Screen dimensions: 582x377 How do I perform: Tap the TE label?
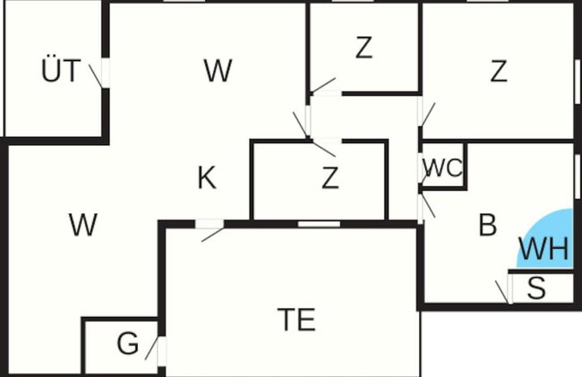(296, 320)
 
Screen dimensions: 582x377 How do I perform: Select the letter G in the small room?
(128, 344)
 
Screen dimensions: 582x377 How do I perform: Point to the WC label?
(442, 167)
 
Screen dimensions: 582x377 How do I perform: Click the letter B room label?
(488, 225)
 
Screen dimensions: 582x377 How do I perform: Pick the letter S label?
(536, 287)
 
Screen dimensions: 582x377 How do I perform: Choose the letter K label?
(207, 178)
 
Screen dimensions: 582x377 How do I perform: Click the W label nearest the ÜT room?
(218, 71)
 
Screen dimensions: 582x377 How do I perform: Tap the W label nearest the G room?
(83, 225)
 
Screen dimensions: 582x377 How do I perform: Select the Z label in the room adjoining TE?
(330, 178)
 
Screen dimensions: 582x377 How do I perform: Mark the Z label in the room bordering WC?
(499, 72)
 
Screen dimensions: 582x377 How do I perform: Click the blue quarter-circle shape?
(545, 239)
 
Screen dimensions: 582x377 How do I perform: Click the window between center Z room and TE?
(320, 224)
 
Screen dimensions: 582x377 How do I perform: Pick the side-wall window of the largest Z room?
(578, 81)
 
